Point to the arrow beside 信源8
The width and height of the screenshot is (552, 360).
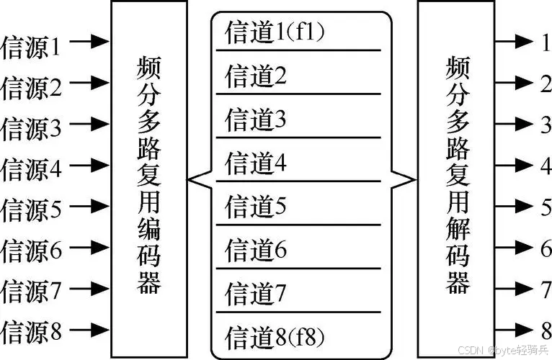pyautogui.click(x=91, y=332)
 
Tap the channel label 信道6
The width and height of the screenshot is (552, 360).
pyautogui.click(x=256, y=251)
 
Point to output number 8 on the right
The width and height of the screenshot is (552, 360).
pyautogui.click(x=545, y=332)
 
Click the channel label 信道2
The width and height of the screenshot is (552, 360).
pyautogui.click(x=256, y=76)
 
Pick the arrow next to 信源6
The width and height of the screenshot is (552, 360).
pyautogui.click(x=91, y=250)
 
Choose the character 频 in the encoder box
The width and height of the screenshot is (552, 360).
pyautogui.click(x=148, y=71)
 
